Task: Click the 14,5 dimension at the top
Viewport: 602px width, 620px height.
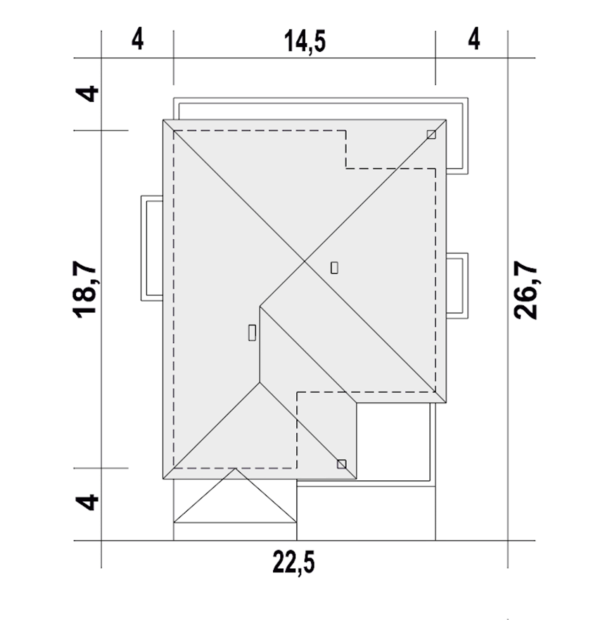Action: (x=305, y=41)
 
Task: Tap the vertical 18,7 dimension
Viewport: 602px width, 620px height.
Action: (x=85, y=291)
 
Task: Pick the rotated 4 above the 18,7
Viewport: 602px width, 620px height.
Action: (x=87, y=94)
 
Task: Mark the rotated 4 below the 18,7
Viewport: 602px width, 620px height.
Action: (x=87, y=502)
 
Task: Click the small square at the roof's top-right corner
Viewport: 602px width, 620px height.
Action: (x=431, y=135)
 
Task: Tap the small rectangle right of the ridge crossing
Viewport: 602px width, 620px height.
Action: (x=334, y=268)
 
